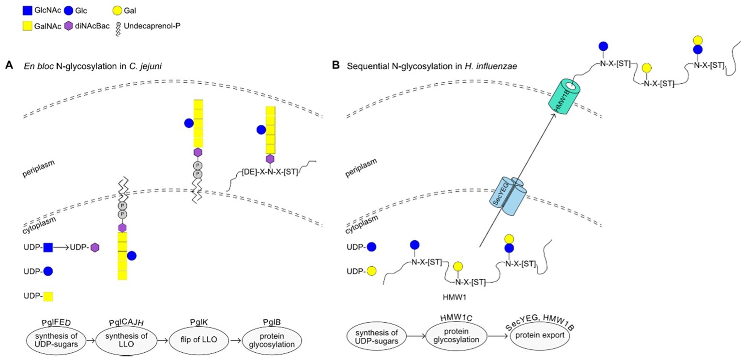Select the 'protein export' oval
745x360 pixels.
(539, 339)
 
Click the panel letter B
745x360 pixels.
(335, 65)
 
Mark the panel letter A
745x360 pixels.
(8, 65)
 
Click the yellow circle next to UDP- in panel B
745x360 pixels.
(372, 271)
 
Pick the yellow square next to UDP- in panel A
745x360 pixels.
(47, 296)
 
